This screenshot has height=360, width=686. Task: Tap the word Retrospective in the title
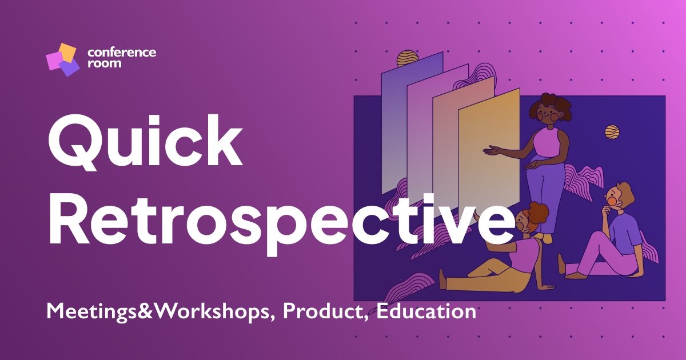(x=274, y=220)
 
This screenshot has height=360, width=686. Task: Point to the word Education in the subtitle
(x=426, y=311)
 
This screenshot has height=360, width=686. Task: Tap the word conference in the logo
(x=121, y=52)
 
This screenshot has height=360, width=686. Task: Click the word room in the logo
(x=104, y=63)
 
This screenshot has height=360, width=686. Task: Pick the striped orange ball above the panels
(x=408, y=59)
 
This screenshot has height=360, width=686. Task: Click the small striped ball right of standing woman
(x=612, y=132)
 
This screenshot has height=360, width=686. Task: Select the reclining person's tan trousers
(x=486, y=274)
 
